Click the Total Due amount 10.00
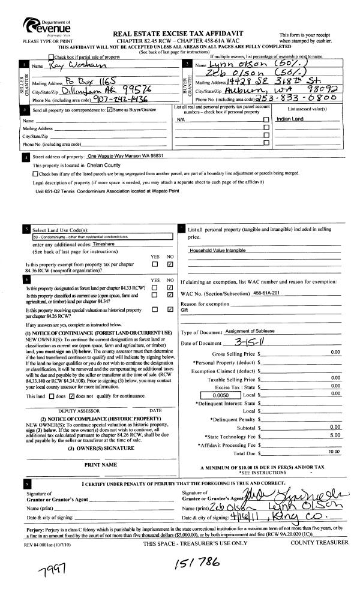coord(334,450)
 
